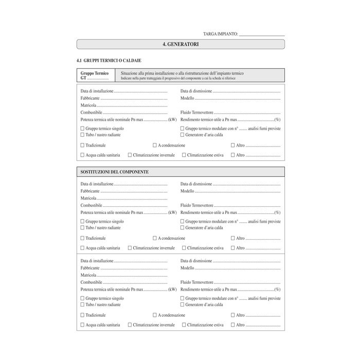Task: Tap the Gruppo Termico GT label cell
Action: click(x=95, y=76)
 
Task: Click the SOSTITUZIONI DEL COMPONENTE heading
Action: click(x=115, y=172)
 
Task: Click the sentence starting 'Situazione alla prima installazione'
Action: click(x=182, y=74)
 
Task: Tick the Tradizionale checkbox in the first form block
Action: click(x=82, y=146)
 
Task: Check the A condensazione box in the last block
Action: click(x=155, y=315)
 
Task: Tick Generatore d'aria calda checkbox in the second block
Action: click(x=182, y=228)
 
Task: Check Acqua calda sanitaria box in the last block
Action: click(x=82, y=325)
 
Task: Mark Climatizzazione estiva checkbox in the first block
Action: click(x=184, y=155)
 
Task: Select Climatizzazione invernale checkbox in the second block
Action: click(x=130, y=247)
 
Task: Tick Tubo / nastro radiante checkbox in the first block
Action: click(x=82, y=135)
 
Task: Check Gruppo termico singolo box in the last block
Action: click(x=82, y=298)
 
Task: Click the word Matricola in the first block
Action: click(x=88, y=105)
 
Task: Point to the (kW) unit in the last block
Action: click(x=172, y=290)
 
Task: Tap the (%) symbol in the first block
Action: click(x=277, y=119)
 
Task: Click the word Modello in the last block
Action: click(x=187, y=268)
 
